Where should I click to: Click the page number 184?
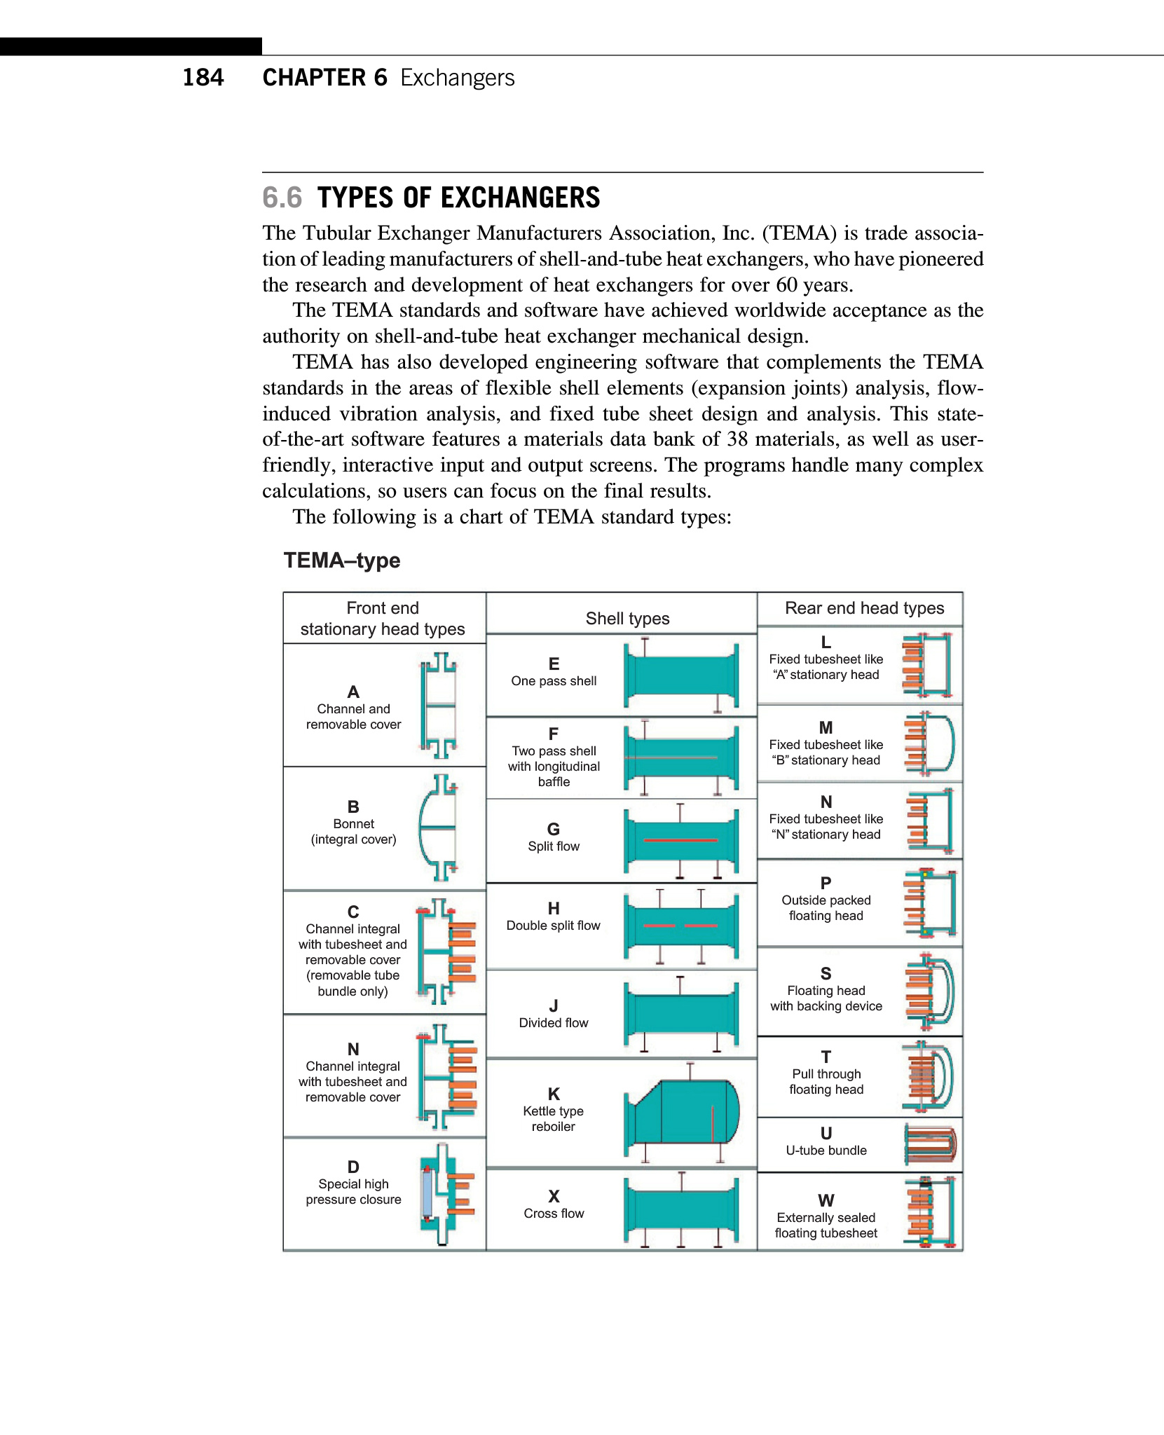click(x=203, y=77)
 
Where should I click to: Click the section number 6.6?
click(x=282, y=198)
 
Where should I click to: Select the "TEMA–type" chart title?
click(x=342, y=561)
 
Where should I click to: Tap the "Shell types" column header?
click(x=627, y=619)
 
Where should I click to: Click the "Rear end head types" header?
click(x=864, y=608)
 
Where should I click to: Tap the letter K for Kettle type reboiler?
click(x=554, y=1094)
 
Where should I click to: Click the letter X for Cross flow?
click(x=554, y=1196)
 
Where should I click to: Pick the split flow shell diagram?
click(x=681, y=840)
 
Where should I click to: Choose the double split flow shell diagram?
click(x=681, y=926)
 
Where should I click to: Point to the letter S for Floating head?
click(x=826, y=973)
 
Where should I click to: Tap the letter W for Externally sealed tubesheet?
click(x=826, y=1200)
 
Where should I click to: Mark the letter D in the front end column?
click(x=353, y=1167)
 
